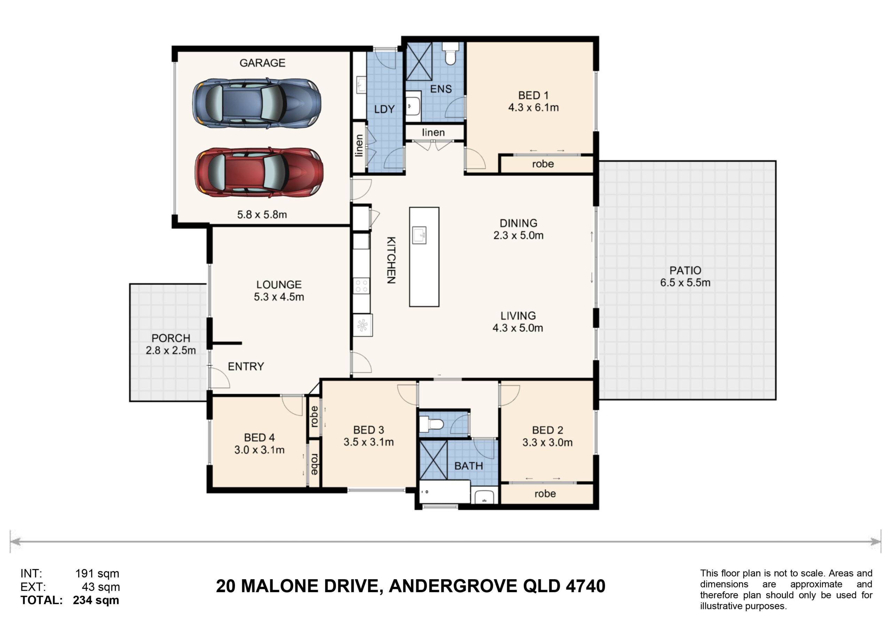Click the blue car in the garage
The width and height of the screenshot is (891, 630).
click(257, 103)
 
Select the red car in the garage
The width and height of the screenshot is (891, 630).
click(259, 172)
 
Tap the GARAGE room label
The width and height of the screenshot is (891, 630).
click(262, 63)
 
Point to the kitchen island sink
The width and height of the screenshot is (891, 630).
click(419, 235)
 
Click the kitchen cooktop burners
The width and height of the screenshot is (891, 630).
click(361, 286)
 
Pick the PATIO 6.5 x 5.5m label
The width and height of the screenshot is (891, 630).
click(685, 276)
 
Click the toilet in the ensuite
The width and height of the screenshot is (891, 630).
click(450, 53)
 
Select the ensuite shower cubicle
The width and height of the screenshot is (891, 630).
click(419, 61)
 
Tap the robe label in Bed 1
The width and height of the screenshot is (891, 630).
click(543, 164)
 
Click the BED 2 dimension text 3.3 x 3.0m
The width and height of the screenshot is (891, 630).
click(547, 442)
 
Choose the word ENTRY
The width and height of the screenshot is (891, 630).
click(246, 366)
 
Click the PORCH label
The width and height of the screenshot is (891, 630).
click(171, 338)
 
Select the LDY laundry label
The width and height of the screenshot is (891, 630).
click(384, 109)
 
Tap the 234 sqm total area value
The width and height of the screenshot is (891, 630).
click(96, 600)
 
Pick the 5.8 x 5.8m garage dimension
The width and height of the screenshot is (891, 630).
click(262, 215)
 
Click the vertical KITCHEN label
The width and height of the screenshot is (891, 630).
click(391, 260)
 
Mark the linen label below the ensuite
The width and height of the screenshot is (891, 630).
click(433, 132)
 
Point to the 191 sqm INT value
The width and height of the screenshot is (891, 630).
click(97, 573)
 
